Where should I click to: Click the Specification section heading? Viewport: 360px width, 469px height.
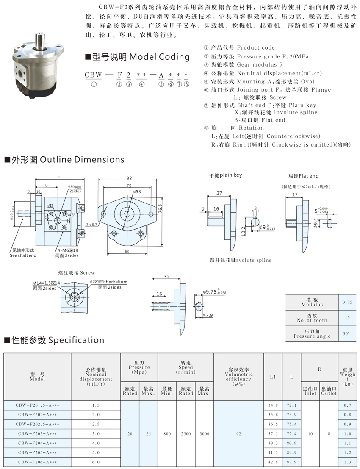point(54,340)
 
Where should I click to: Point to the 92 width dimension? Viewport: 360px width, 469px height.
point(130,178)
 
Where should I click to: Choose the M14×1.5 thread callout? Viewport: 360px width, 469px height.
point(46,282)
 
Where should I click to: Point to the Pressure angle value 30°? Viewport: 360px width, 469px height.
point(346,334)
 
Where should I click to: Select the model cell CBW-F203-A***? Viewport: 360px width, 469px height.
point(36,434)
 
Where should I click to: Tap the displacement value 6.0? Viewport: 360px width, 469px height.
point(96,462)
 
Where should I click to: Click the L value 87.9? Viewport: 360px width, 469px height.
point(292,462)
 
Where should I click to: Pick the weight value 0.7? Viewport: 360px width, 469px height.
point(347,405)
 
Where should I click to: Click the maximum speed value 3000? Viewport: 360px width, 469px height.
point(205,434)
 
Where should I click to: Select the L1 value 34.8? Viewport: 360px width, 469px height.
point(273,405)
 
